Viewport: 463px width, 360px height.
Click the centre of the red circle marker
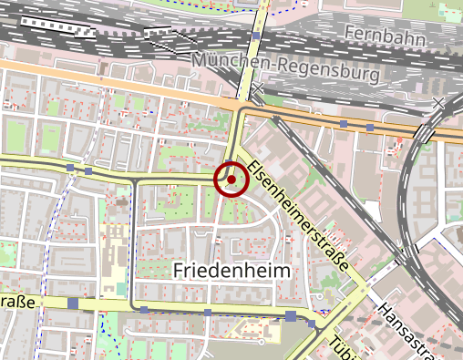(x=231, y=180)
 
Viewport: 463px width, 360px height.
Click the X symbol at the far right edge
(x=442, y=103)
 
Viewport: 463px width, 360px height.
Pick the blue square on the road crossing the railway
(x=257, y=36)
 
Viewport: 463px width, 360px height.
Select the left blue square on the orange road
(x=344, y=122)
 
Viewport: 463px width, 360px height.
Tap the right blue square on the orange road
(x=370, y=125)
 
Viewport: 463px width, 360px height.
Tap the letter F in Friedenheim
(x=179, y=271)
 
